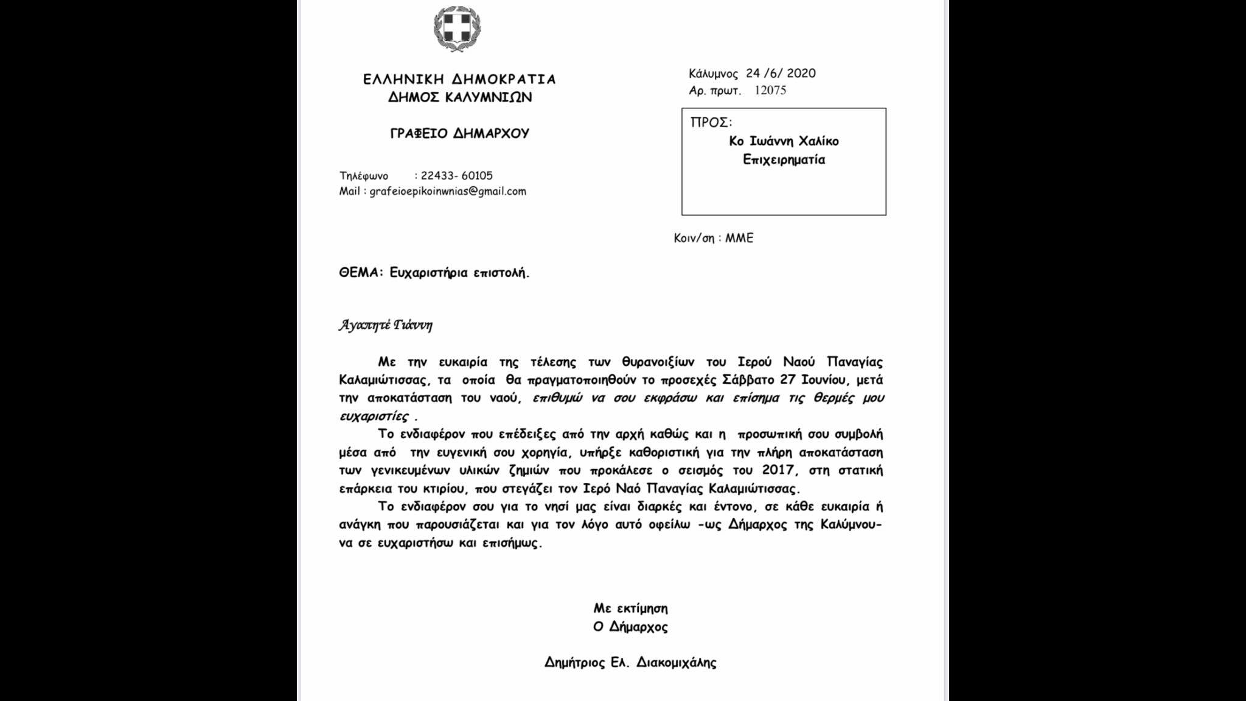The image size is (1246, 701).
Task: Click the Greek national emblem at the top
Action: coord(458,29)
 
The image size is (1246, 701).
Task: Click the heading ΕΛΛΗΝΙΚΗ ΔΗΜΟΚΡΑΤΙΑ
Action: coord(459,80)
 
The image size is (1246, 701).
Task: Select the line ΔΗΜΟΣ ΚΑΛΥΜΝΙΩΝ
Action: coord(460,97)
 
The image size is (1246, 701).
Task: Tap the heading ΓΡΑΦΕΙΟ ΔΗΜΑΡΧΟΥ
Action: coord(460,134)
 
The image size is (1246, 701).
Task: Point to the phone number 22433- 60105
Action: coord(457,176)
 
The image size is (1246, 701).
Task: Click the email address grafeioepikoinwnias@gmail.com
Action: coord(448,192)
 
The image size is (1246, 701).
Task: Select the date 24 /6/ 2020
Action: coord(781,74)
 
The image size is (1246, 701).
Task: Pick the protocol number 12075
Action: coord(770,91)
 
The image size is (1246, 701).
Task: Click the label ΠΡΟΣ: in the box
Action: coord(711,122)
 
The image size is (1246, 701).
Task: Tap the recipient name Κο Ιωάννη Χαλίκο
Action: coord(784,141)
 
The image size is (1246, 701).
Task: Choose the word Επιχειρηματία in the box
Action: coord(784,160)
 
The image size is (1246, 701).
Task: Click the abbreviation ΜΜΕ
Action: coord(739,239)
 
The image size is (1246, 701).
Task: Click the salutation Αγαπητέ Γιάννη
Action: coord(385,325)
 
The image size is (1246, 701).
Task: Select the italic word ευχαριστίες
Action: coord(374,417)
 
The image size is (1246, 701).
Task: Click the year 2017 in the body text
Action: coord(778,470)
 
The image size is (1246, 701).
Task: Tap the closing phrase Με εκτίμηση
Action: coord(630,609)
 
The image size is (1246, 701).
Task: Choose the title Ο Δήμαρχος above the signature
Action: coord(630,627)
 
